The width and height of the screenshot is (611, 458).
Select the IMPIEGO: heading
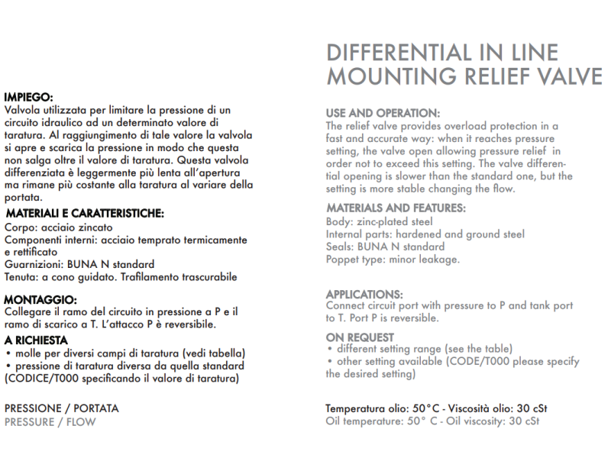27,98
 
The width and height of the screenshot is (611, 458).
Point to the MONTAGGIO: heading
40,300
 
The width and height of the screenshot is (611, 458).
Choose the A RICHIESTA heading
36,340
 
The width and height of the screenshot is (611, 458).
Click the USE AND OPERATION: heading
383,113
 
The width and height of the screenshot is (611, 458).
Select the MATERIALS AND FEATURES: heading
396,208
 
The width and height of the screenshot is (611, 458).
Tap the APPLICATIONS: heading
364,294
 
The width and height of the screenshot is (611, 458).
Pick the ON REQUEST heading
360,337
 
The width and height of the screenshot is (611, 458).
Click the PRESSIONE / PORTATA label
61,408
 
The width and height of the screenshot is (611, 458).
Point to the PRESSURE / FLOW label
50,421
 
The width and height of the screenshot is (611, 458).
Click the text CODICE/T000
44,377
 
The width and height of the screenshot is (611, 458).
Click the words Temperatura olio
367,408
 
